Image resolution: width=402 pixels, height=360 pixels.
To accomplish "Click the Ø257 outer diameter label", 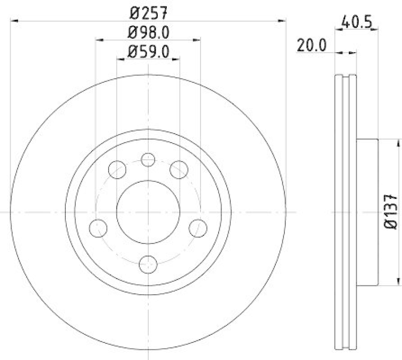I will point(148,11).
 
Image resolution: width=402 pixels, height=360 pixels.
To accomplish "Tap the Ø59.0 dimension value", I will point(148,51).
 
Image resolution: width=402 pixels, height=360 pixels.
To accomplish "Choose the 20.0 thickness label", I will point(311,46).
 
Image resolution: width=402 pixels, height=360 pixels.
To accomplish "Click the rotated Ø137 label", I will point(391,212).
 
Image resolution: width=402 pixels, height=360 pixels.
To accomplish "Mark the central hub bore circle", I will point(148,212).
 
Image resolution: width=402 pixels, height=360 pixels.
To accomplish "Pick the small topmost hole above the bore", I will point(148,160).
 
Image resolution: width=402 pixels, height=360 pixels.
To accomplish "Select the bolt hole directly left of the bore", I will point(98,228).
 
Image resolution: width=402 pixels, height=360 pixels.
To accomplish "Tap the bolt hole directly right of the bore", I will point(198,228).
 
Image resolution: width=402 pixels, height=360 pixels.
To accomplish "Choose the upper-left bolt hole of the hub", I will point(117,169).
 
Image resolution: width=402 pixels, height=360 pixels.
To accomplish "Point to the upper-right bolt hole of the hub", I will point(178,169).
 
